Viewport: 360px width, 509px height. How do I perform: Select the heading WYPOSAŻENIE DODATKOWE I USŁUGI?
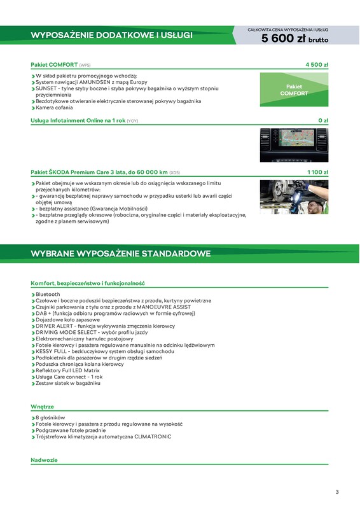[x=111, y=35]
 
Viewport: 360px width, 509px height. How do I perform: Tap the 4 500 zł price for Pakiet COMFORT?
[x=317, y=65]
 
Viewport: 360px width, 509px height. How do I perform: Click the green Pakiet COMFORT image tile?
[x=294, y=90]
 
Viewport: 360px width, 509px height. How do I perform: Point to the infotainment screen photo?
[x=294, y=145]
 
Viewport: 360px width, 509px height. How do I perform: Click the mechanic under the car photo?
[x=294, y=196]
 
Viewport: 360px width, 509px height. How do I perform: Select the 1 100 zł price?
[x=317, y=172]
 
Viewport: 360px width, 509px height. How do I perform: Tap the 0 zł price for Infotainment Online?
[x=322, y=120]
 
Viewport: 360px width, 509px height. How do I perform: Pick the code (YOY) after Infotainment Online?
[x=132, y=120]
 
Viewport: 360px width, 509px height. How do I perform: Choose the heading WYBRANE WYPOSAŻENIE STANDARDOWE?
[x=121, y=254]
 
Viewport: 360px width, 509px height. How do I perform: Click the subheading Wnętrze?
[x=42, y=406]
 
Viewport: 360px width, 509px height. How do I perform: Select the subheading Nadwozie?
[x=44, y=460]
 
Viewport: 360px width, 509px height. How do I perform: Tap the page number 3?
[x=337, y=491]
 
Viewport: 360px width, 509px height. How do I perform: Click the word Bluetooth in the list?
[x=48, y=295]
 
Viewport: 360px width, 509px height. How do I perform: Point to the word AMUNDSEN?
[x=99, y=82]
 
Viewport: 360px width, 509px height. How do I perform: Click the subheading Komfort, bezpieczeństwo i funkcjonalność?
[x=88, y=282]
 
